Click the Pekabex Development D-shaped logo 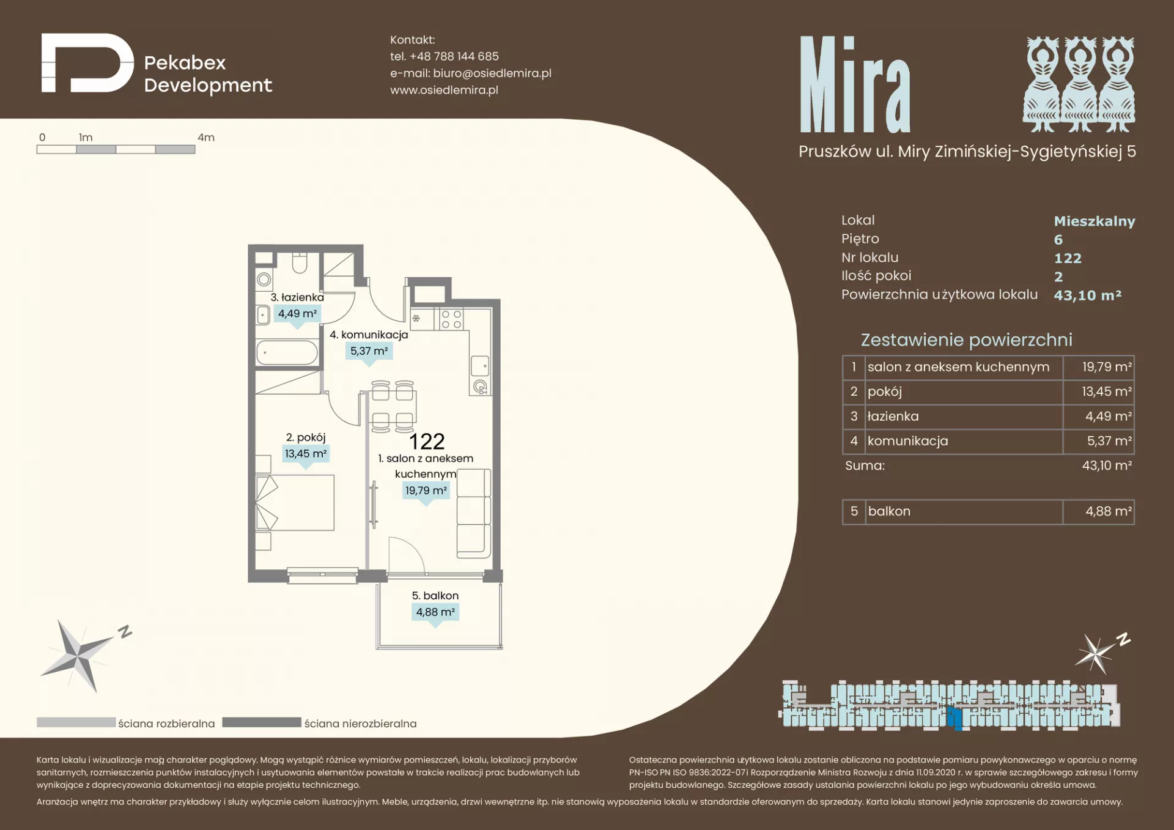(x=87, y=63)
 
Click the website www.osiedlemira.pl (x=445, y=90)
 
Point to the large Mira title (x=855, y=84)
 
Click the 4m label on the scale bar (x=206, y=138)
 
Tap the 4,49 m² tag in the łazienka (x=298, y=314)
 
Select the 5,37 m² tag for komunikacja (x=369, y=351)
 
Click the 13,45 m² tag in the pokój (x=306, y=454)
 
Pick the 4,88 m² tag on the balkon (x=435, y=612)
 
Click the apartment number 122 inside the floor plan (x=427, y=442)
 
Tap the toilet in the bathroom (x=300, y=262)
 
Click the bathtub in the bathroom (x=287, y=353)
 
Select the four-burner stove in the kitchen (x=451, y=319)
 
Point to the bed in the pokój (x=295, y=503)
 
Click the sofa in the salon (x=474, y=513)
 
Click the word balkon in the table (x=889, y=511)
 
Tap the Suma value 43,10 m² (x=1107, y=465)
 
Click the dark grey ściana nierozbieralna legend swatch (x=262, y=722)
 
